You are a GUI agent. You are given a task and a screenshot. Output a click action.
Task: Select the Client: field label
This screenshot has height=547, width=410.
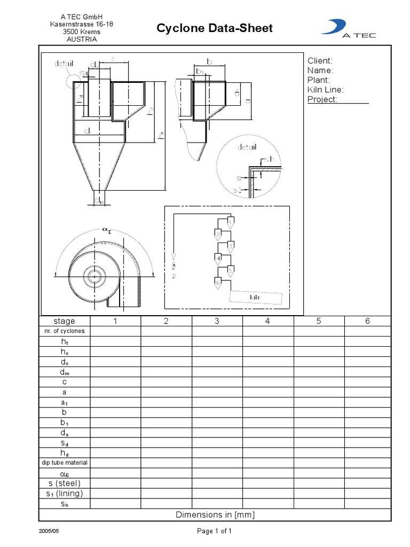[320, 61]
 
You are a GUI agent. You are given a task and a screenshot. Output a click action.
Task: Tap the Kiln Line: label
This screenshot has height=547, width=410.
[325, 90]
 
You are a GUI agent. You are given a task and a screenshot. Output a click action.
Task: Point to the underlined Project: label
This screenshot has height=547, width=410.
[322, 99]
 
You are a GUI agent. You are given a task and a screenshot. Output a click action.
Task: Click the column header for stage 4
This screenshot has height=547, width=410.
[267, 321]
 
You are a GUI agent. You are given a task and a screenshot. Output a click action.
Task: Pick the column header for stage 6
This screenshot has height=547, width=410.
[367, 321]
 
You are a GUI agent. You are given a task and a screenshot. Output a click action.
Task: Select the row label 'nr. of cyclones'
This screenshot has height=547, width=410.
[64, 331]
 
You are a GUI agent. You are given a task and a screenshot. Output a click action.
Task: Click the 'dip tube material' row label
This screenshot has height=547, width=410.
[64, 463]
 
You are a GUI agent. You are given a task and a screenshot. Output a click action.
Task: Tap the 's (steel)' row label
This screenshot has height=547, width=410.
[64, 483]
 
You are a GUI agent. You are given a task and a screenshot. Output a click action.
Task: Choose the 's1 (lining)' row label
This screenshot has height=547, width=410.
[64, 493]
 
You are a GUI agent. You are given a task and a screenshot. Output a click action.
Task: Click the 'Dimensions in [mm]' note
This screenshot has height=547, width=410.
[215, 514]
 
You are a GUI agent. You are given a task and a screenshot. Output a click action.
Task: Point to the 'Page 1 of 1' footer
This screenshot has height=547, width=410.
[215, 531]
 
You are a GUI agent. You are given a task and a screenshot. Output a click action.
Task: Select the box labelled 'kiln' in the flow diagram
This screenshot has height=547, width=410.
[255, 297]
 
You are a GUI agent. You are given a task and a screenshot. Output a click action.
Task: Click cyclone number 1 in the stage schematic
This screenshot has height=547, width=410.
[230, 222]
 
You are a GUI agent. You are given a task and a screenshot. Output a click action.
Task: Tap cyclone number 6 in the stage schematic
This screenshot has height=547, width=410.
[217, 283]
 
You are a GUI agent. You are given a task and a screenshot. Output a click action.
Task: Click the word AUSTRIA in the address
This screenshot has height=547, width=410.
[81, 40]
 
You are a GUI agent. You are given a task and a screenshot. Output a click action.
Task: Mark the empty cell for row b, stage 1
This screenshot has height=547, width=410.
[115, 412]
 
